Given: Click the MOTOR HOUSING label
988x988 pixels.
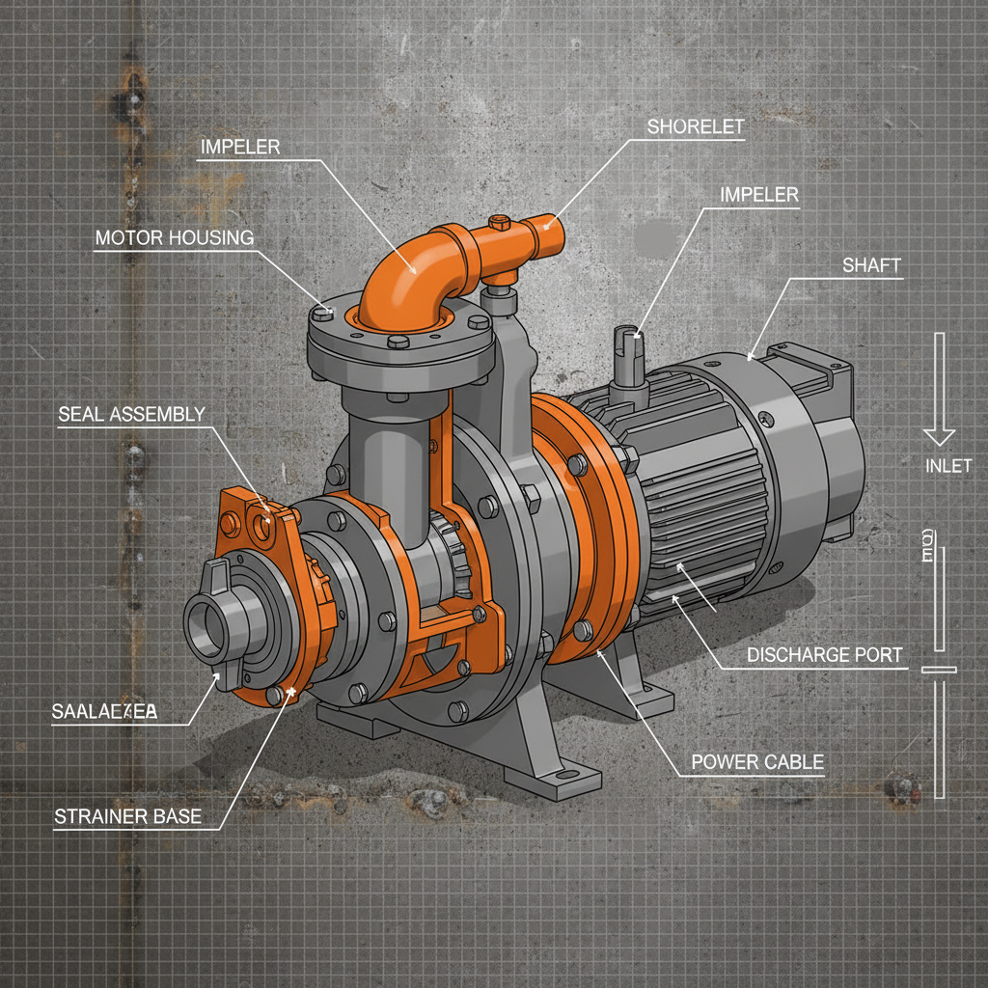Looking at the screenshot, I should coord(174,237).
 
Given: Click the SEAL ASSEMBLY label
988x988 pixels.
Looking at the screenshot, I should coord(131,415).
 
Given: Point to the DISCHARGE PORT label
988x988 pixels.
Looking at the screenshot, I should coord(825,655).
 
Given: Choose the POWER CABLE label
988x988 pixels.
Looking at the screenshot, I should coord(757,762).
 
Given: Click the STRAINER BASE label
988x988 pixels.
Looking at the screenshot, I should coord(127,816).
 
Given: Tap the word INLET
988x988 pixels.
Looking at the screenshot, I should coord(947,467).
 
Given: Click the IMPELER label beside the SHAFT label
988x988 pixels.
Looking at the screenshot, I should coord(759,195).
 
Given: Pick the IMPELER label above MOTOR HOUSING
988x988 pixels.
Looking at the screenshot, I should coord(240,148).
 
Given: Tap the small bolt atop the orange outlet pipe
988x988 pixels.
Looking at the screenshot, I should coord(500,222).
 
